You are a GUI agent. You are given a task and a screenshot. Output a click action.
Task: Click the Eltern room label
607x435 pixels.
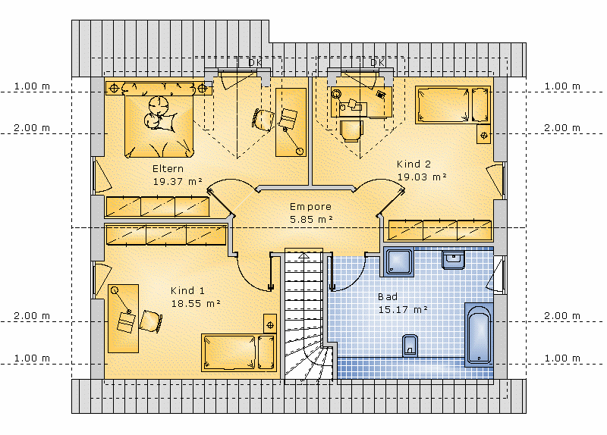click(x=168, y=168)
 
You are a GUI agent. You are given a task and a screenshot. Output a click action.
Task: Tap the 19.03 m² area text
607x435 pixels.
click(x=422, y=177)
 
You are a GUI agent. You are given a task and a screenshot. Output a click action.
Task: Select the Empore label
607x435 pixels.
click(x=310, y=207)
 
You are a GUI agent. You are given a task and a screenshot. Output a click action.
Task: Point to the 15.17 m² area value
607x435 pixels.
click(x=403, y=310)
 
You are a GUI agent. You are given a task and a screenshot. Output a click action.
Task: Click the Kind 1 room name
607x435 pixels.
click(x=187, y=290)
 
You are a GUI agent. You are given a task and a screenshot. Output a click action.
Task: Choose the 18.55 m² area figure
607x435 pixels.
click(x=196, y=304)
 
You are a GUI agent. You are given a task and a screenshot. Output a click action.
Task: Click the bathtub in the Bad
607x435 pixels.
click(x=479, y=334)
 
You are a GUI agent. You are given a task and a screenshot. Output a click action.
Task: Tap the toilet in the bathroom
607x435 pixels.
click(x=410, y=346)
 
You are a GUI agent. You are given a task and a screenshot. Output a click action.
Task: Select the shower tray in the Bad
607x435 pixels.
click(x=399, y=261)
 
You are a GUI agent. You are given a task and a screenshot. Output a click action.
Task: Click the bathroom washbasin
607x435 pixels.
click(x=453, y=260)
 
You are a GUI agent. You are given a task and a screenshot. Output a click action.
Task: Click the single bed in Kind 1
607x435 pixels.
click(x=238, y=352)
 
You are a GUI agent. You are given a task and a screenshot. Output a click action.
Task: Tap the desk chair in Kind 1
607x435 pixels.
click(x=150, y=321)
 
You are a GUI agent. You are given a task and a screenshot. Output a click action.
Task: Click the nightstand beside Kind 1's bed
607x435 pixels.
click(x=270, y=324)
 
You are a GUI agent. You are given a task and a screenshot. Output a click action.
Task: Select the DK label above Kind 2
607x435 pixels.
click(x=376, y=63)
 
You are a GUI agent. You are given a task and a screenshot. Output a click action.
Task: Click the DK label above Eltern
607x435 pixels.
click(x=255, y=63)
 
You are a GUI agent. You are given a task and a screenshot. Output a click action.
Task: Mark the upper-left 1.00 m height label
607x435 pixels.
click(x=32, y=86)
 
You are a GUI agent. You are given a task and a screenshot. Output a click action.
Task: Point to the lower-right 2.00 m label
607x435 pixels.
click(x=562, y=316)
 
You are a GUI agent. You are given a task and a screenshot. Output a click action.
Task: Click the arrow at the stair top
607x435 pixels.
click(x=304, y=255)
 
